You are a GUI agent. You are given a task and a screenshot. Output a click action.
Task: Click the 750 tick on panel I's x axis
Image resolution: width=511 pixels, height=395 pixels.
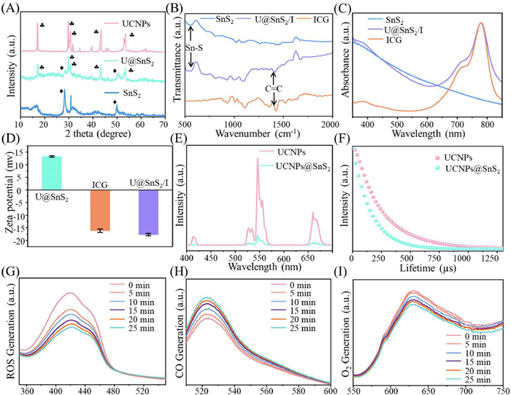[502, 388]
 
